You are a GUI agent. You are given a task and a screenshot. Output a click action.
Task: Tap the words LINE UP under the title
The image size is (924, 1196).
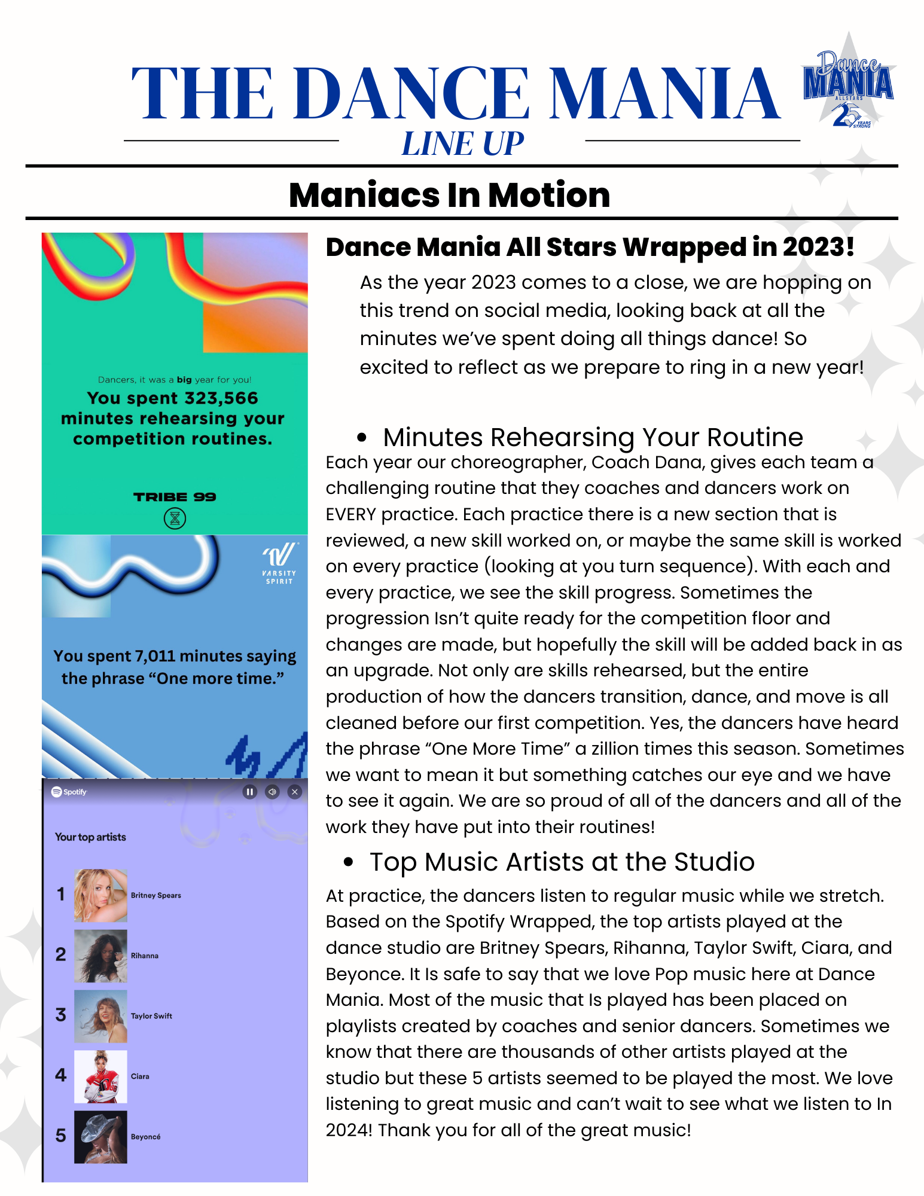tap(462, 144)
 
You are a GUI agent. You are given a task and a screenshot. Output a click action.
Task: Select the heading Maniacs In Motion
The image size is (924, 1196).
tap(449, 195)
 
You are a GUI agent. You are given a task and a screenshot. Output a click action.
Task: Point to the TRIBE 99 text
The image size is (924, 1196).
tap(175, 497)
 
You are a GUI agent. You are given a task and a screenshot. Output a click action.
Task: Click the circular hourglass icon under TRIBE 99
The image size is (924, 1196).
tap(175, 518)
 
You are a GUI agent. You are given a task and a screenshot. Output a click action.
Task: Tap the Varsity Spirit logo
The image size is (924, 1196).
tap(279, 563)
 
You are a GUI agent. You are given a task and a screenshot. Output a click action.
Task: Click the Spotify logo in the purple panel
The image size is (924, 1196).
tap(69, 792)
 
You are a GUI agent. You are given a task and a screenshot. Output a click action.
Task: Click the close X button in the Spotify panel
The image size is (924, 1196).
tap(294, 792)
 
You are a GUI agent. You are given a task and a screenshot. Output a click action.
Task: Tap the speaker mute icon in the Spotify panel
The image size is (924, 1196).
tap(272, 792)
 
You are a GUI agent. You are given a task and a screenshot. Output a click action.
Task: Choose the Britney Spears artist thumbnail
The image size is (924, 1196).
tap(100, 895)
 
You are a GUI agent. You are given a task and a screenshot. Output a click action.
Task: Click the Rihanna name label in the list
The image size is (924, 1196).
tap(145, 956)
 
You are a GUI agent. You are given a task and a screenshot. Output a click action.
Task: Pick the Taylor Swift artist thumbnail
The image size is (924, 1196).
tap(100, 1016)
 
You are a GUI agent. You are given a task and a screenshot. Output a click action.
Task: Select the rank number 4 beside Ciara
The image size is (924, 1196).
tap(60, 1075)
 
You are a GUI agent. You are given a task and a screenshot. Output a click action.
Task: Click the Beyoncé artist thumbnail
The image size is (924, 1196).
tap(100, 1137)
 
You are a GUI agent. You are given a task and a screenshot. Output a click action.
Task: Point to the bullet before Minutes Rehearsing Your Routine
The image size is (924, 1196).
tap(361, 438)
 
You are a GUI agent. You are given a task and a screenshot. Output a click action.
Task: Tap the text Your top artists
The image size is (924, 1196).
tap(90, 837)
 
